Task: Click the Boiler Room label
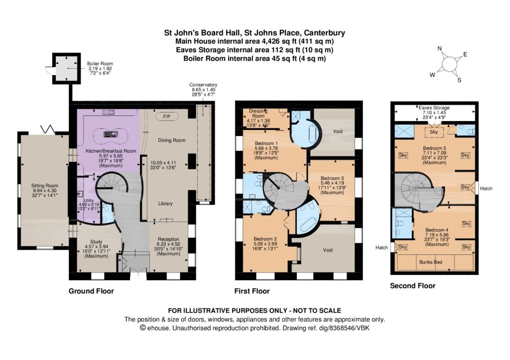point(100,64)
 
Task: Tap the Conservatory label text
point(203,85)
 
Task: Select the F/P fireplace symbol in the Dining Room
point(167,116)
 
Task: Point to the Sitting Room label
point(45,186)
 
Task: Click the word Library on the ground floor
point(165,204)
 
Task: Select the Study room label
point(96,242)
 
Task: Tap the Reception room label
point(168,239)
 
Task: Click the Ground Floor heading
point(91,291)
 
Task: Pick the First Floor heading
point(252,291)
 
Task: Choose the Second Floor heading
point(413,286)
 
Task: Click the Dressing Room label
point(258,113)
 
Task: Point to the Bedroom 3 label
point(332,178)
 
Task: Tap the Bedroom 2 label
point(265,239)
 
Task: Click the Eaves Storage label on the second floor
point(434,108)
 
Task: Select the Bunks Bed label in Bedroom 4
point(431,262)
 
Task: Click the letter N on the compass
point(440,49)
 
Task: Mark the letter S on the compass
point(459,80)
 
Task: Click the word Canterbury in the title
point(324,33)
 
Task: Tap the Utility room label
point(89,200)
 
